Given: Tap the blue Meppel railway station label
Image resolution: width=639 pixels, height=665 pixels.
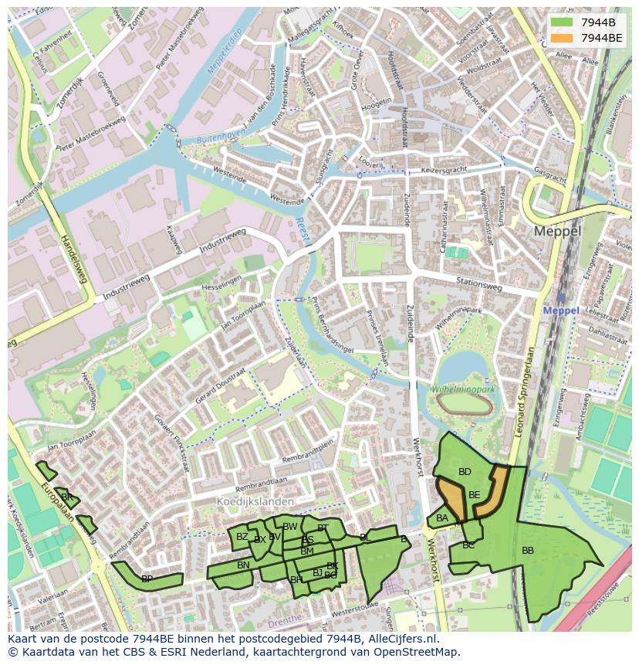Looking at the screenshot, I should click(561, 310).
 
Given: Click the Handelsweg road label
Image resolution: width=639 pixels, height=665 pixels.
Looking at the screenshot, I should click(74, 258).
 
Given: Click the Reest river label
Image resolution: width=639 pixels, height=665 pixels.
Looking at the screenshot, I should click(301, 229).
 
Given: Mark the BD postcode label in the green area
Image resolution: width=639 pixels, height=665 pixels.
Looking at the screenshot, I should click(465, 472).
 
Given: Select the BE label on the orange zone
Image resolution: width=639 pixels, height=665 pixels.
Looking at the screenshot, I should click(474, 495).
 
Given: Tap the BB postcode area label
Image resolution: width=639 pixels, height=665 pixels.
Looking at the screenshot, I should click(528, 551).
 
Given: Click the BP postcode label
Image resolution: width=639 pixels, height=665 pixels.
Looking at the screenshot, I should click(147, 578).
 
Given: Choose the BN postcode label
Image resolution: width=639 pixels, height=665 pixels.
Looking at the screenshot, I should click(243, 565).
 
